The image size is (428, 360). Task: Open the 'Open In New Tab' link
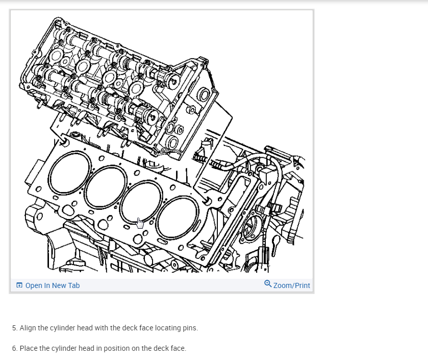click(52, 285)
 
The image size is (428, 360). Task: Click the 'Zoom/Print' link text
click(291, 285)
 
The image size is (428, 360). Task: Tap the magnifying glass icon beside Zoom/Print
click(268, 284)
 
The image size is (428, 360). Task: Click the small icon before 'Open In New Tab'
click(19, 285)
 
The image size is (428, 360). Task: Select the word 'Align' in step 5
click(28, 328)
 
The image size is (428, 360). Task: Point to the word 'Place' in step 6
click(28, 348)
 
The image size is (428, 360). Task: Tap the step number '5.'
click(15, 328)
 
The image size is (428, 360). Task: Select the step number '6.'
click(15, 348)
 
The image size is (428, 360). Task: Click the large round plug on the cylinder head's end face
click(203, 94)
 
